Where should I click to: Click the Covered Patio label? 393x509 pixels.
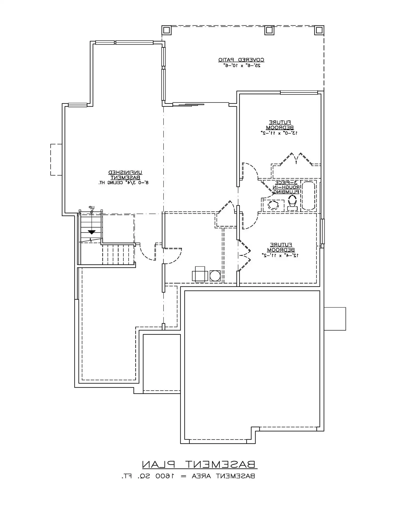click(x=241, y=60)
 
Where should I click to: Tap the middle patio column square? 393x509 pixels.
click(x=269, y=30)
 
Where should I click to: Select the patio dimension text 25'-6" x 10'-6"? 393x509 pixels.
click(x=241, y=66)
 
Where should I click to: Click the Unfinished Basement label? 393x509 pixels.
click(x=125, y=175)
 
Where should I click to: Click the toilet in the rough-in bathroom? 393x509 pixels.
click(x=292, y=202)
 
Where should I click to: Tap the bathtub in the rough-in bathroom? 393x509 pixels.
click(x=308, y=196)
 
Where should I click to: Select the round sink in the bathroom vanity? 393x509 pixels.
click(x=273, y=205)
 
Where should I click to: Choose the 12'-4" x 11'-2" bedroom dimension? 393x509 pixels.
click(x=280, y=255)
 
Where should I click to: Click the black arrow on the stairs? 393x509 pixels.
click(x=92, y=232)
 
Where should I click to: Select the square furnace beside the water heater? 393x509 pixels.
click(x=200, y=275)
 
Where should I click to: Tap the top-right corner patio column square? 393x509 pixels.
click(x=318, y=30)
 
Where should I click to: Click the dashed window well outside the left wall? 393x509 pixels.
click(x=56, y=160)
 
